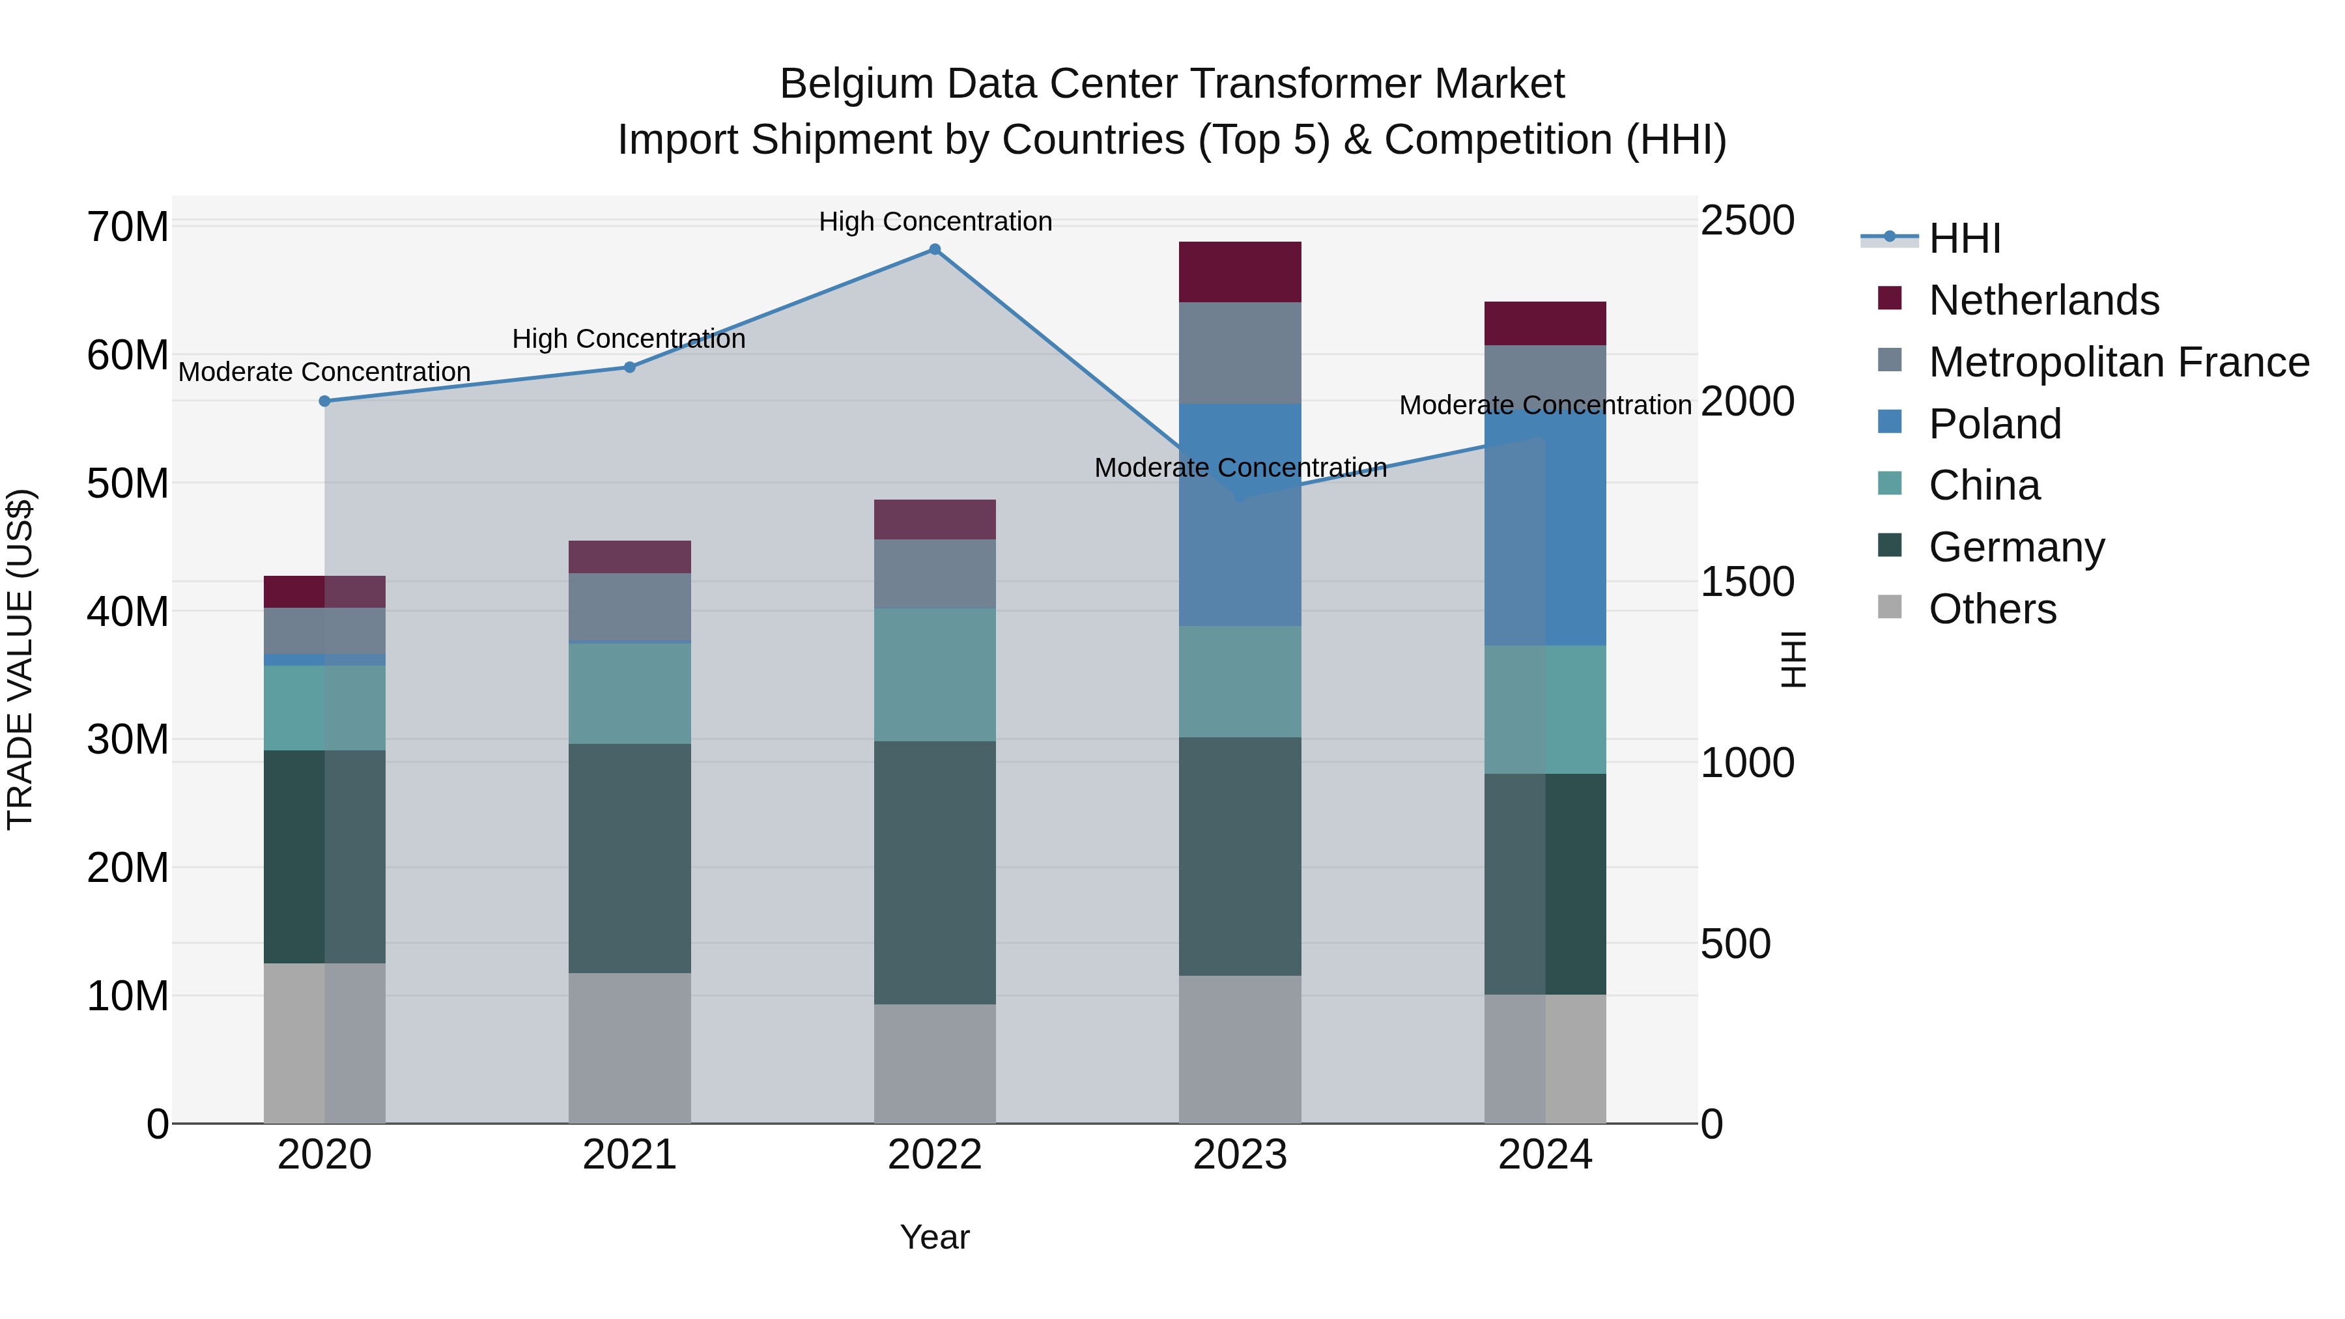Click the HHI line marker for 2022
point(935,249)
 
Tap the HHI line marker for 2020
point(325,401)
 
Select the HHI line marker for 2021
point(629,368)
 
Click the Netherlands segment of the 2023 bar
point(1240,272)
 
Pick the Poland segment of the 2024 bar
point(1545,528)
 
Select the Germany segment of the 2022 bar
point(935,872)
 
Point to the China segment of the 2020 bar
point(325,708)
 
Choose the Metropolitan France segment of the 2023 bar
point(1240,353)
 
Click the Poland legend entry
point(1995,424)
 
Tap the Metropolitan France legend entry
point(2118,362)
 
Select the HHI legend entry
point(1965,238)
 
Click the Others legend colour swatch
point(1890,607)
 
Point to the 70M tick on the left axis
point(128,227)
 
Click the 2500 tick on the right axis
point(1747,221)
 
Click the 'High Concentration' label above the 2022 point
point(935,221)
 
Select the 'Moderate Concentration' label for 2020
point(324,373)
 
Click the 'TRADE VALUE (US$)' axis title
point(20,659)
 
